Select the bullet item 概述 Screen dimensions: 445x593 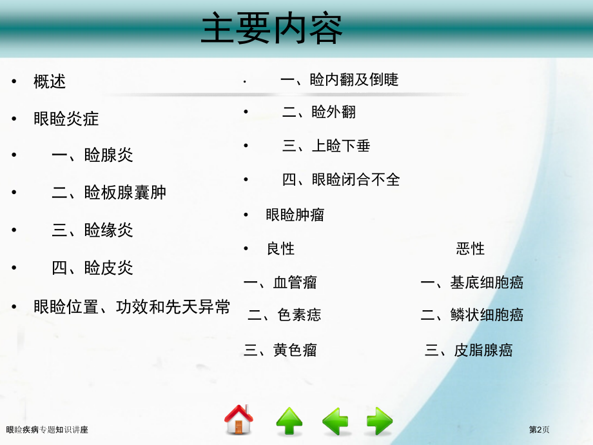click(x=50, y=81)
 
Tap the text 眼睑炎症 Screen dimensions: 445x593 click(x=66, y=119)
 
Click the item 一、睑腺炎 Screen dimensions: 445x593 click(x=92, y=155)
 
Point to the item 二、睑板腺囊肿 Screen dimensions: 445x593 click(x=109, y=192)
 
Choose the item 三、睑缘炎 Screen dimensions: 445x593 click(x=92, y=230)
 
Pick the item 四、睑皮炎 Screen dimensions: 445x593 click(x=92, y=268)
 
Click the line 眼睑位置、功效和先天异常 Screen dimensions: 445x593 click(x=131, y=307)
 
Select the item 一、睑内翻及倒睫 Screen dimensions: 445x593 click(x=340, y=79)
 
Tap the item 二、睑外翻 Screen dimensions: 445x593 click(x=319, y=112)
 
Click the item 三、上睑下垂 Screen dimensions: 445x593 click(x=326, y=146)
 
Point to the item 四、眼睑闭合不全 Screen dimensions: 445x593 click(x=341, y=180)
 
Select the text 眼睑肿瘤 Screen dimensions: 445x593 click(x=295, y=215)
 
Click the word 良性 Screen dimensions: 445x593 click(x=280, y=248)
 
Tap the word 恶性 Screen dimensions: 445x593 click(x=471, y=248)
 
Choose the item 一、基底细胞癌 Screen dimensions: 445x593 click(x=472, y=282)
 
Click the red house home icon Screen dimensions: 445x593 click(x=238, y=420)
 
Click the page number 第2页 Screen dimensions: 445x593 click(x=540, y=430)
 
